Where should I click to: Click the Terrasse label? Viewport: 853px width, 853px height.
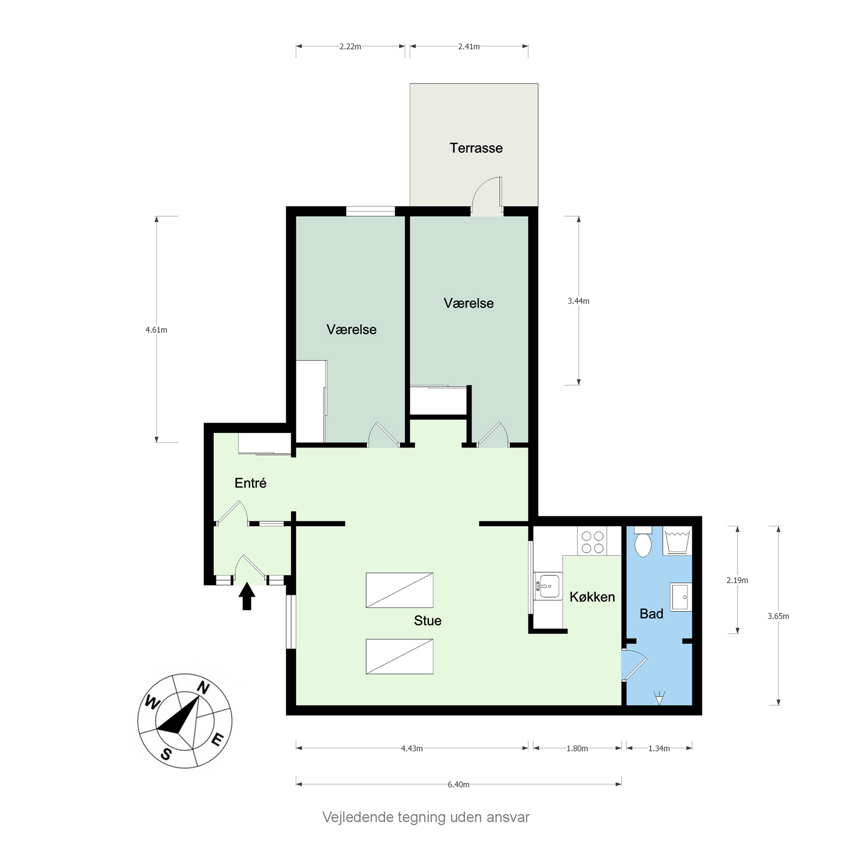[x=476, y=148]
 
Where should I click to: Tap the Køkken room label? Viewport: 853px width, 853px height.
[x=592, y=597]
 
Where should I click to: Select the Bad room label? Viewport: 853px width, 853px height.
[x=651, y=614]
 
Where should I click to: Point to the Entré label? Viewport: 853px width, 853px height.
[x=250, y=483]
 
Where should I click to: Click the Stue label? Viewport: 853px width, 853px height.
[x=427, y=620]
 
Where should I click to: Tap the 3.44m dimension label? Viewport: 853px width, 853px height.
[x=578, y=301]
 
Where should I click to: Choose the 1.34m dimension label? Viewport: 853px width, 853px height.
[x=659, y=748]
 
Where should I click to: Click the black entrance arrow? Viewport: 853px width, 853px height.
[x=247, y=596]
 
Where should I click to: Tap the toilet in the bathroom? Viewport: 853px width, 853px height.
[x=643, y=541]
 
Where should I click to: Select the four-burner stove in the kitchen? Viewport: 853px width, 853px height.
[x=593, y=541]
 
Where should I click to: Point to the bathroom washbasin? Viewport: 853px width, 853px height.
[x=681, y=597]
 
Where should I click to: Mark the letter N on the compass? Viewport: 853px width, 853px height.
[x=203, y=688]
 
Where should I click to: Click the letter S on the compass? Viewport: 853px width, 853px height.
[x=165, y=754]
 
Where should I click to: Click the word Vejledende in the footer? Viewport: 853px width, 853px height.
[x=358, y=817]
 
